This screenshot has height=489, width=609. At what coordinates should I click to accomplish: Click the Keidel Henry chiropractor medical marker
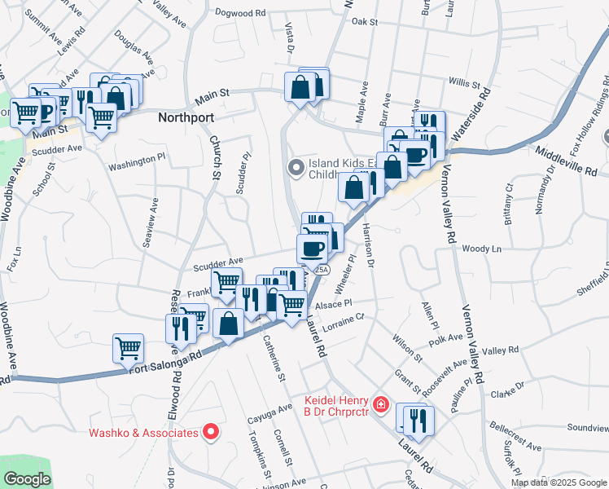click(379, 403)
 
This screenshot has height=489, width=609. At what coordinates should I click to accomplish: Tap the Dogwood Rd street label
click(240, 13)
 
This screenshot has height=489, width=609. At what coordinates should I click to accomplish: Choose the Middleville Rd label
click(567, 161)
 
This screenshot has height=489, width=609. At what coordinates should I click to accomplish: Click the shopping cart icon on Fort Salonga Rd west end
click(128, 348)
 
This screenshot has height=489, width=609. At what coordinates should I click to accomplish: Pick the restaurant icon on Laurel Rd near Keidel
click(419, 419)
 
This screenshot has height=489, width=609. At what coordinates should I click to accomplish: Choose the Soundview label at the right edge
click(588, 427)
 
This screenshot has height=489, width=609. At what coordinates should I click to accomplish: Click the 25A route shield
click(322, 270)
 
